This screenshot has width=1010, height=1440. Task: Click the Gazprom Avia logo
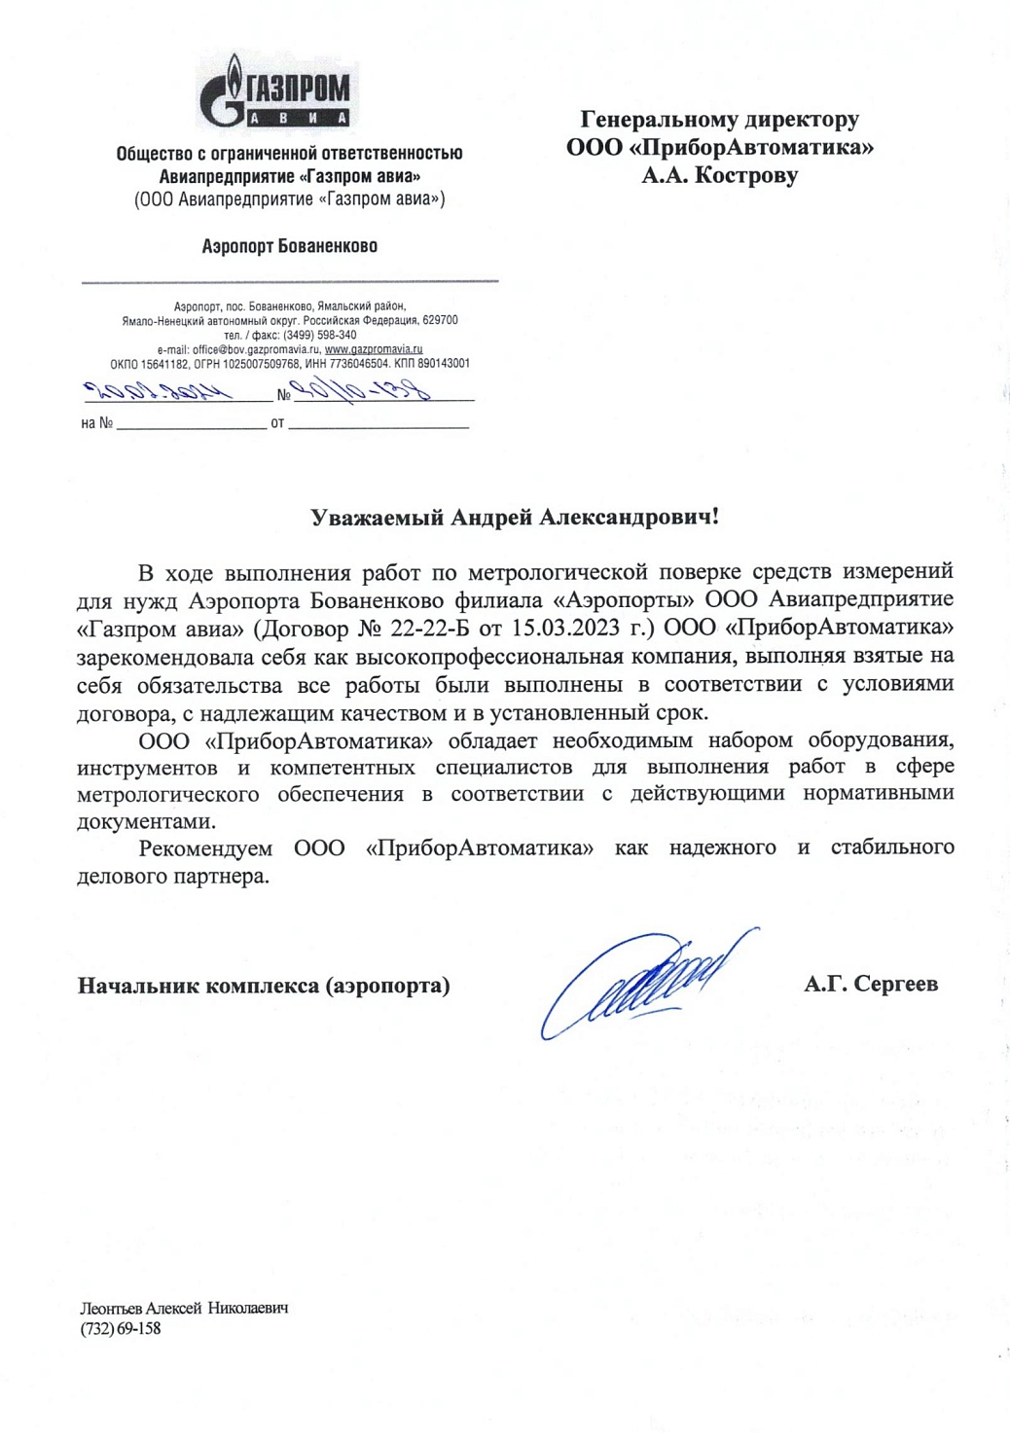pos(276,93)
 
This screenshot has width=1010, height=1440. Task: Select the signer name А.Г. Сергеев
pos(870,984)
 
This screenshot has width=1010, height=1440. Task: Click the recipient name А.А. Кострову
pos(719,176)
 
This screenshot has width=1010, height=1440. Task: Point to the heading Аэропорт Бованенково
pos(289,246)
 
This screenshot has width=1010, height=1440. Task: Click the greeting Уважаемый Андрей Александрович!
pos(515,517)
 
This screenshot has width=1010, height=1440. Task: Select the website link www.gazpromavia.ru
pos(374,349)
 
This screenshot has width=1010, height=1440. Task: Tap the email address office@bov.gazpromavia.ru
pos(256,349)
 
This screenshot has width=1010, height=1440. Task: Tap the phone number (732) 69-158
pos(120,1328)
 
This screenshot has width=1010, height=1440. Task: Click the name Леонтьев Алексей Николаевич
pos(184,1308)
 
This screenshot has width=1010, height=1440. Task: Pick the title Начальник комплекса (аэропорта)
pos(264,986)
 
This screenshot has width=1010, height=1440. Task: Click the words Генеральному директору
pos(719,120)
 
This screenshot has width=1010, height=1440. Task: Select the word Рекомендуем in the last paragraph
pos(205,847)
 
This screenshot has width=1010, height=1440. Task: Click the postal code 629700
pos(440,320)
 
